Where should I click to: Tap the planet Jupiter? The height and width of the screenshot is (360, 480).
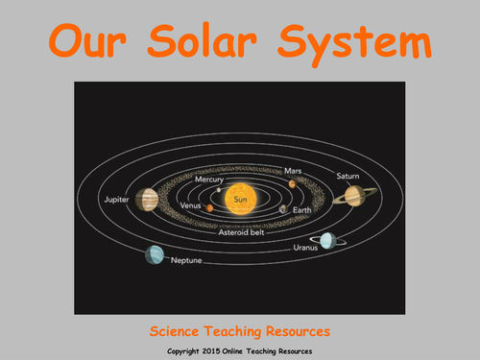pos(147,199)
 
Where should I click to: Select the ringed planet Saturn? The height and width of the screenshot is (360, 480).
pos(354,195)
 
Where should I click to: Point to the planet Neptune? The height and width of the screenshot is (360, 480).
pos(154,255)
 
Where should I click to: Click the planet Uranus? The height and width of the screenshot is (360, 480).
pos(328,239)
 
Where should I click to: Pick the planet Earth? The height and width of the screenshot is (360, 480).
pos(283,208)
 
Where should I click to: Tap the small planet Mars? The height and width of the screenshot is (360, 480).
pos(292,183)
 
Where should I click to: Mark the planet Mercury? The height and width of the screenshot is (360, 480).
pos(220,189)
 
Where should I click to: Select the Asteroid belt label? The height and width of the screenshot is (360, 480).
pos(241,232)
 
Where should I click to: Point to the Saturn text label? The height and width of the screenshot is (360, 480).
pos(348,176)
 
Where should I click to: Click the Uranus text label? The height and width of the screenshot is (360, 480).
pos(305,248)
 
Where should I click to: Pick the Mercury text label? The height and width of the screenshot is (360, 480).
pos(209,179)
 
